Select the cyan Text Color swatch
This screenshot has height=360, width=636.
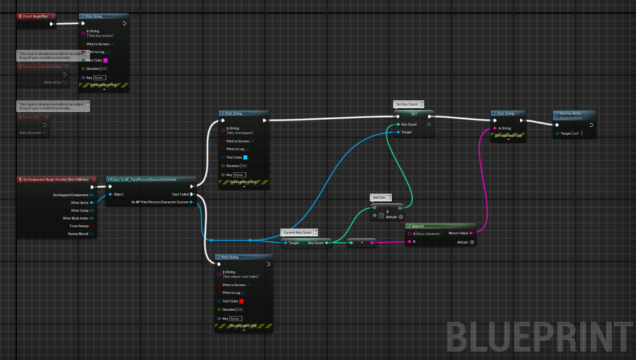(x=245, y=157)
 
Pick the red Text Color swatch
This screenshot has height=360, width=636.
(x=242, y=301)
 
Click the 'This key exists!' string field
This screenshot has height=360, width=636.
(x=100, y=36)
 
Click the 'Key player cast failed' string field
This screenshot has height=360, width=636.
(x=242, y=276)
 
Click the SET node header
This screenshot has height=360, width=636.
(x=414, y=113)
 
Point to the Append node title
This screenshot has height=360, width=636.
(x=418, y=227)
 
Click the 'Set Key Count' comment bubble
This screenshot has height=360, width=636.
(x=407, y=104)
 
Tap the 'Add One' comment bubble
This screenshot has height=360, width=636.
(x=379, y=197)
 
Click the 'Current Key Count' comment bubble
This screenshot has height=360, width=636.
(x=297, y=232)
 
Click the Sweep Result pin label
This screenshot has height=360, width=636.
(x=78, y=234)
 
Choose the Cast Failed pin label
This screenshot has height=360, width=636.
(x=180, y=194)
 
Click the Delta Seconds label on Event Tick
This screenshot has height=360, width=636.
(x=30, y=133)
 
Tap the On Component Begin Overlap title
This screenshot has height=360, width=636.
(x=55, y=179)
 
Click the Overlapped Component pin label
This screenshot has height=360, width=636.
(x=71, y=194)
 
